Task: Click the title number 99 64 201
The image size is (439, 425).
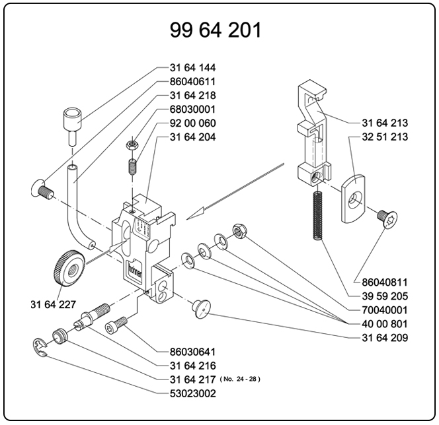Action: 216,30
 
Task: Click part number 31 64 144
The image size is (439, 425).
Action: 192,68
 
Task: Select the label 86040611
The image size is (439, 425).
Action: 192,82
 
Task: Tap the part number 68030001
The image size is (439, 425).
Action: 192,110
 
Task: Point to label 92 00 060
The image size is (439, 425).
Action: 192,123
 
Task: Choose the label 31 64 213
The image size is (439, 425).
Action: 385,123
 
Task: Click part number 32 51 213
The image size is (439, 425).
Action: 385,137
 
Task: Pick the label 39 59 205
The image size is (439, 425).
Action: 385,296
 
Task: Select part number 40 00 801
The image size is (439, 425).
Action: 385,324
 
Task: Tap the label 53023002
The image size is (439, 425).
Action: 192,393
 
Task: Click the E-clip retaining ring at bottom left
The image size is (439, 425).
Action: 42,348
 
